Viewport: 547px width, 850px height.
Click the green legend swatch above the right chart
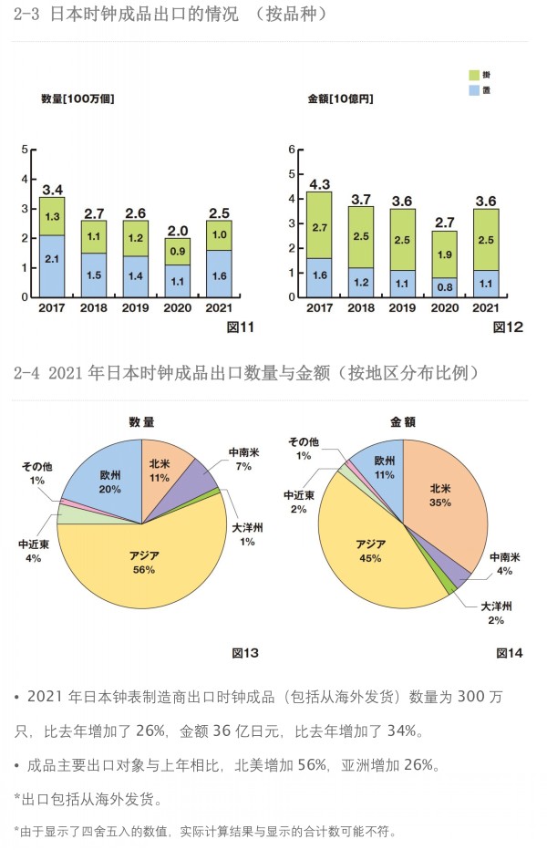coord(474,75)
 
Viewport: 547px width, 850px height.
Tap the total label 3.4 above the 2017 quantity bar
coord(52,190)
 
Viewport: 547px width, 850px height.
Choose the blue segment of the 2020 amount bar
coord(445,286)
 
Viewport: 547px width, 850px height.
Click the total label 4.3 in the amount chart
coord(319,183)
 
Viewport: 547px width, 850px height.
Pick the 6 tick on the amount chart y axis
coord(292,149)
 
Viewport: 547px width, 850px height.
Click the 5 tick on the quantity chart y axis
coord(25,149)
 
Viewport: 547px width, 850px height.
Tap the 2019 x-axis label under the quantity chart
coord(136,308)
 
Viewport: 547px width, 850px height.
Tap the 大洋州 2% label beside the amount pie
coord(496,612)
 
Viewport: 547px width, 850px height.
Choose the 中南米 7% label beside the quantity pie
coord(243,459)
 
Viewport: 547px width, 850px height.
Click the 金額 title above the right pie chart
coord(402,422)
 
